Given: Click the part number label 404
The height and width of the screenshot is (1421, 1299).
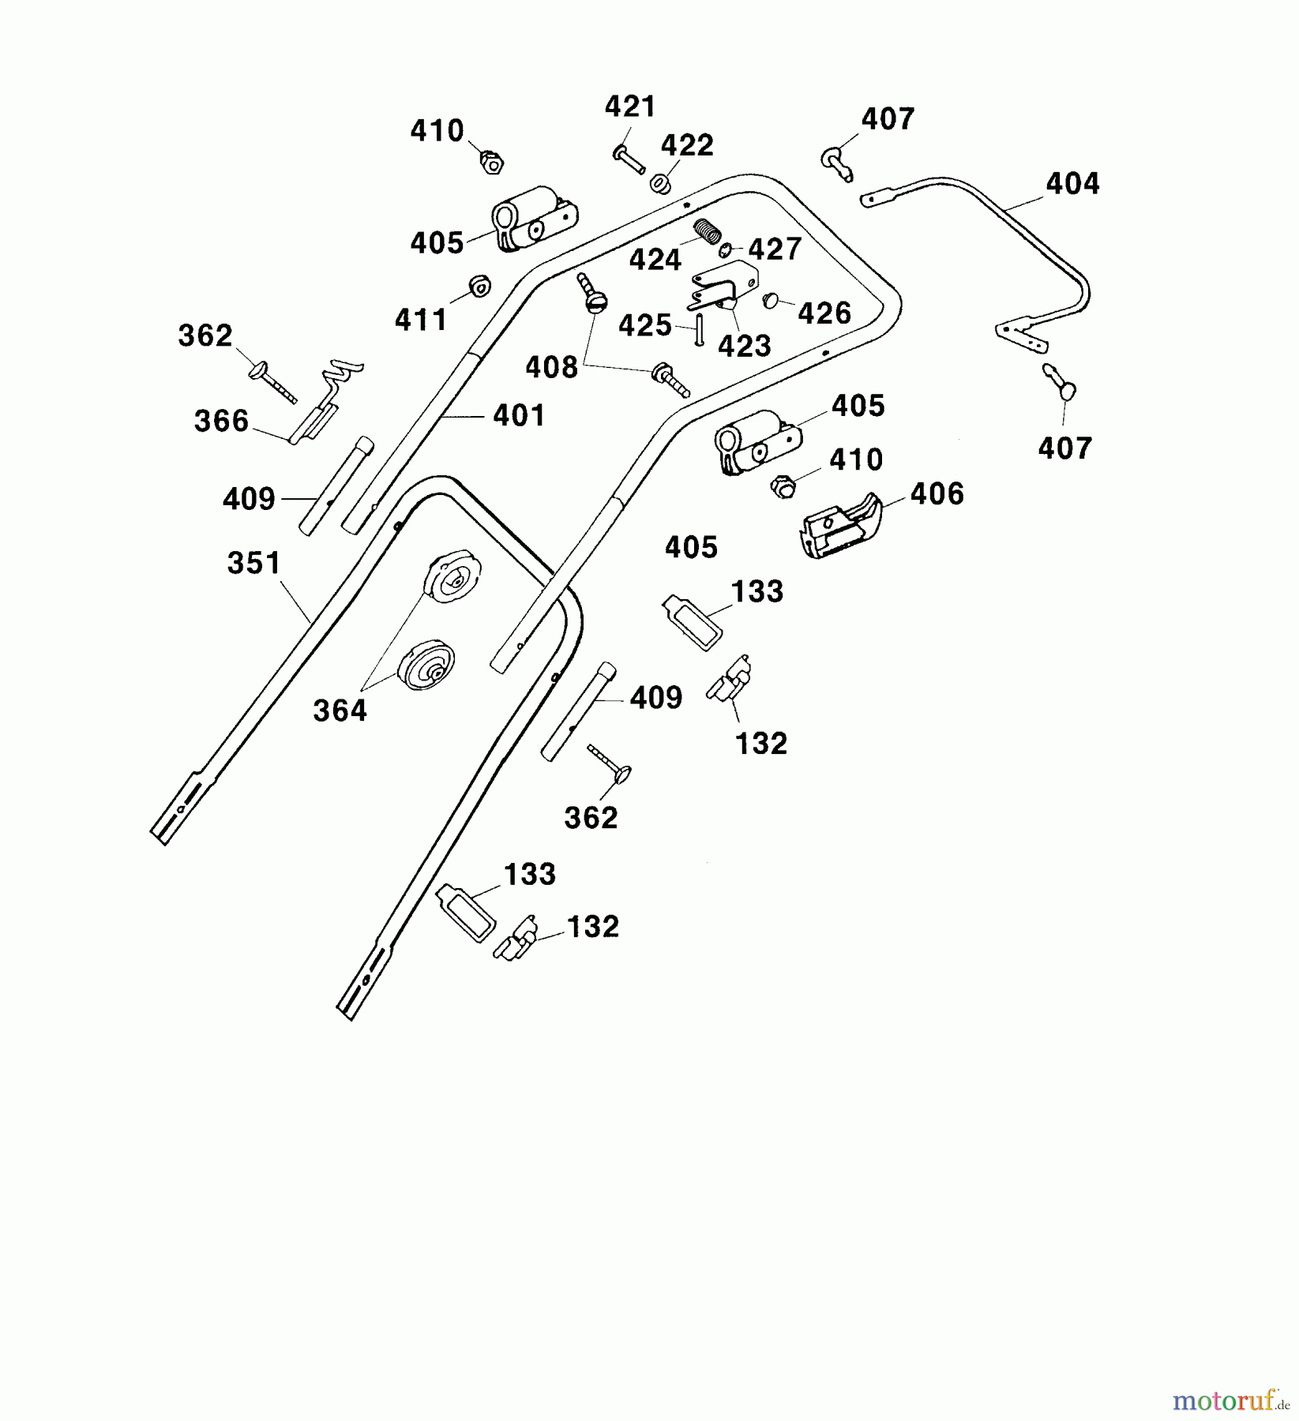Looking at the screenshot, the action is [1072, 184].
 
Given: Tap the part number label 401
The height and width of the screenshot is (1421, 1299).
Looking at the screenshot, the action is [519, 415].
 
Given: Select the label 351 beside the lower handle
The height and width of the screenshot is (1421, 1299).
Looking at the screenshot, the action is [253, 563].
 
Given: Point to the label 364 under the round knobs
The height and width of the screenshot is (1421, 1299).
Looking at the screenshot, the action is [340, 710].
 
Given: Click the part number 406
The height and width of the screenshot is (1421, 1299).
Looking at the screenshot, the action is [937, 494].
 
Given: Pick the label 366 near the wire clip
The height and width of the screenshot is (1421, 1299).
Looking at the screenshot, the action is [221, 421].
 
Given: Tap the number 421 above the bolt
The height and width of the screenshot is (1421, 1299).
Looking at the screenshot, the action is [630, 107].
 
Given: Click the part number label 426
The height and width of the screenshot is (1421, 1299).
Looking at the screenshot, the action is [824, 313].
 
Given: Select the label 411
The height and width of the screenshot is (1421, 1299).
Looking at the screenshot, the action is [421, 320].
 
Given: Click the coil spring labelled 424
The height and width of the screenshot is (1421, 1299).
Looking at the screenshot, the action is [709, 232].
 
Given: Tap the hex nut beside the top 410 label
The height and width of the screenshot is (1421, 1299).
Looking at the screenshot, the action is [492, 163].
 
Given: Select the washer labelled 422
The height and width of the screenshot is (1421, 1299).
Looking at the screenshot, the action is [660, 184].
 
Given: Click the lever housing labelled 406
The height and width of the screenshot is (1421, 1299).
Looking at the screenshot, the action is [841, 525].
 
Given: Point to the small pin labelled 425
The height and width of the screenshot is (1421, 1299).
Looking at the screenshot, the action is [699, 328].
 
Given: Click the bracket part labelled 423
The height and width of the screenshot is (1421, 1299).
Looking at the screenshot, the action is [723, 285].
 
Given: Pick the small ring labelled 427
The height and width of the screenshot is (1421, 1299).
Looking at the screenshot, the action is [725, 251].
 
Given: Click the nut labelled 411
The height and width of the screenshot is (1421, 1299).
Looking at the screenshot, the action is [479, 286].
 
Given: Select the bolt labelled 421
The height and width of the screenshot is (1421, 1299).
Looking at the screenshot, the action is [629, 160].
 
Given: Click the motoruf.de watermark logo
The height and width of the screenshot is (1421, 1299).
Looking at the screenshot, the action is [1231, 1400].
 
